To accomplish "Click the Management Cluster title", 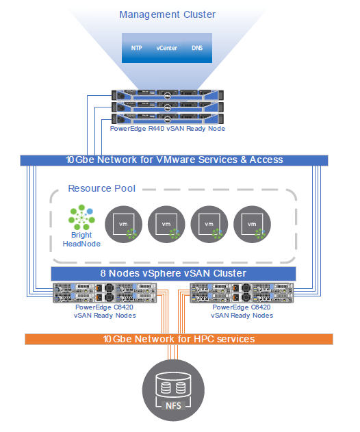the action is click(167, 14).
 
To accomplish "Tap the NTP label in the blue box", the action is click(136, 48).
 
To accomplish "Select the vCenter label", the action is click(166, 48).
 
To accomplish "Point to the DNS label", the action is click(197, 48).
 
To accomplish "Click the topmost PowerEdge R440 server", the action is click(168, 95).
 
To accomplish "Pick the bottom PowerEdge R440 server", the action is click(168, 118).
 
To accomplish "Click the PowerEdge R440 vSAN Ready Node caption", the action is click(168, 129).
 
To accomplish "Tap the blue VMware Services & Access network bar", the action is click(174, 160).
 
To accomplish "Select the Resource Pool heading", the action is click(102, 188).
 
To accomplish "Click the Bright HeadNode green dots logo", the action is click(81, 217).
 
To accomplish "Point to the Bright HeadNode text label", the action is click(81, 240).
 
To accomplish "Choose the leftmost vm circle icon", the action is click(123, 225).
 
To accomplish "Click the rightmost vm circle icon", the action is click(252, 225).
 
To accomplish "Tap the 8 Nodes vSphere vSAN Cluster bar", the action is click(174, 273).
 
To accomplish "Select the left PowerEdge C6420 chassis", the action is click(105, 293).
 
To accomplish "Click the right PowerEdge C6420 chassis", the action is click(242, 293).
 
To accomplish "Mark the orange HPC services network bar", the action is click(179, 339).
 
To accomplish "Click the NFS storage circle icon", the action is click(173, 390).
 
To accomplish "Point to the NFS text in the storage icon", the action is click(173, 405).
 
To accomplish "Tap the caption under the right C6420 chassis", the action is click(242, 312).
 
